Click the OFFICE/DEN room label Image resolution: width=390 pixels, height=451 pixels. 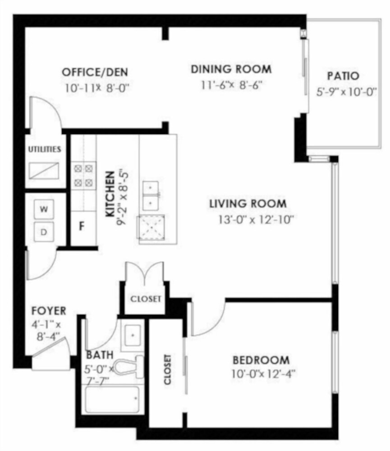[x=95, y=72]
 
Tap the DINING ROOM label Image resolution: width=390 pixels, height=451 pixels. [x=231, y=69]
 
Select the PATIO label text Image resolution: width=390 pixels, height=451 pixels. [x=344, y=76]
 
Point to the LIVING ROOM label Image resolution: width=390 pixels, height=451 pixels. [x=248, y=204]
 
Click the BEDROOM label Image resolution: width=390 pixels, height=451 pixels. [x=261, y=360]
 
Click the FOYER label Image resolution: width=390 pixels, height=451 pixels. [x=49, y=311]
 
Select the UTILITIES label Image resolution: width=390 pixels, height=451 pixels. [x=45, y=149]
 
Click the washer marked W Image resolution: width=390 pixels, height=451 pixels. [x=44, y=209]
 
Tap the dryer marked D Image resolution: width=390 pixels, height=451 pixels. [x=44, y=232]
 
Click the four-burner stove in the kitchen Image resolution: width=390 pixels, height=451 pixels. [x=84, y=175]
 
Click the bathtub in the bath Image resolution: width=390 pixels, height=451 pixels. [x=113, y=400]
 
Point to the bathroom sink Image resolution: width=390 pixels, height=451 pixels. [x=133, y=336]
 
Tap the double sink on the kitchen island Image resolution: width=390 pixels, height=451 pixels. [x=151, y=196]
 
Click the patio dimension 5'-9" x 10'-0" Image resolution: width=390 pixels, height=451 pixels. [x=347, y=92]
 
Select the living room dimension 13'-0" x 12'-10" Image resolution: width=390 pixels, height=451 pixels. [x=256, y=220]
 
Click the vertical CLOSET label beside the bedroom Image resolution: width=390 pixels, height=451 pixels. [x=167, y=369]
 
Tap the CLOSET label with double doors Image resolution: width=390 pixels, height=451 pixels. [x=146, y=299]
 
